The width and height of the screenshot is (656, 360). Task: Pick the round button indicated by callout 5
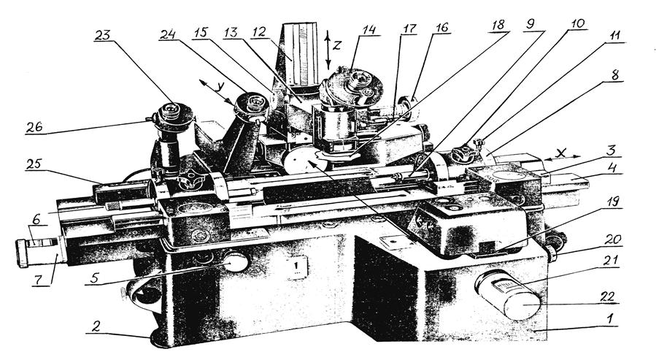coord(235,261)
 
